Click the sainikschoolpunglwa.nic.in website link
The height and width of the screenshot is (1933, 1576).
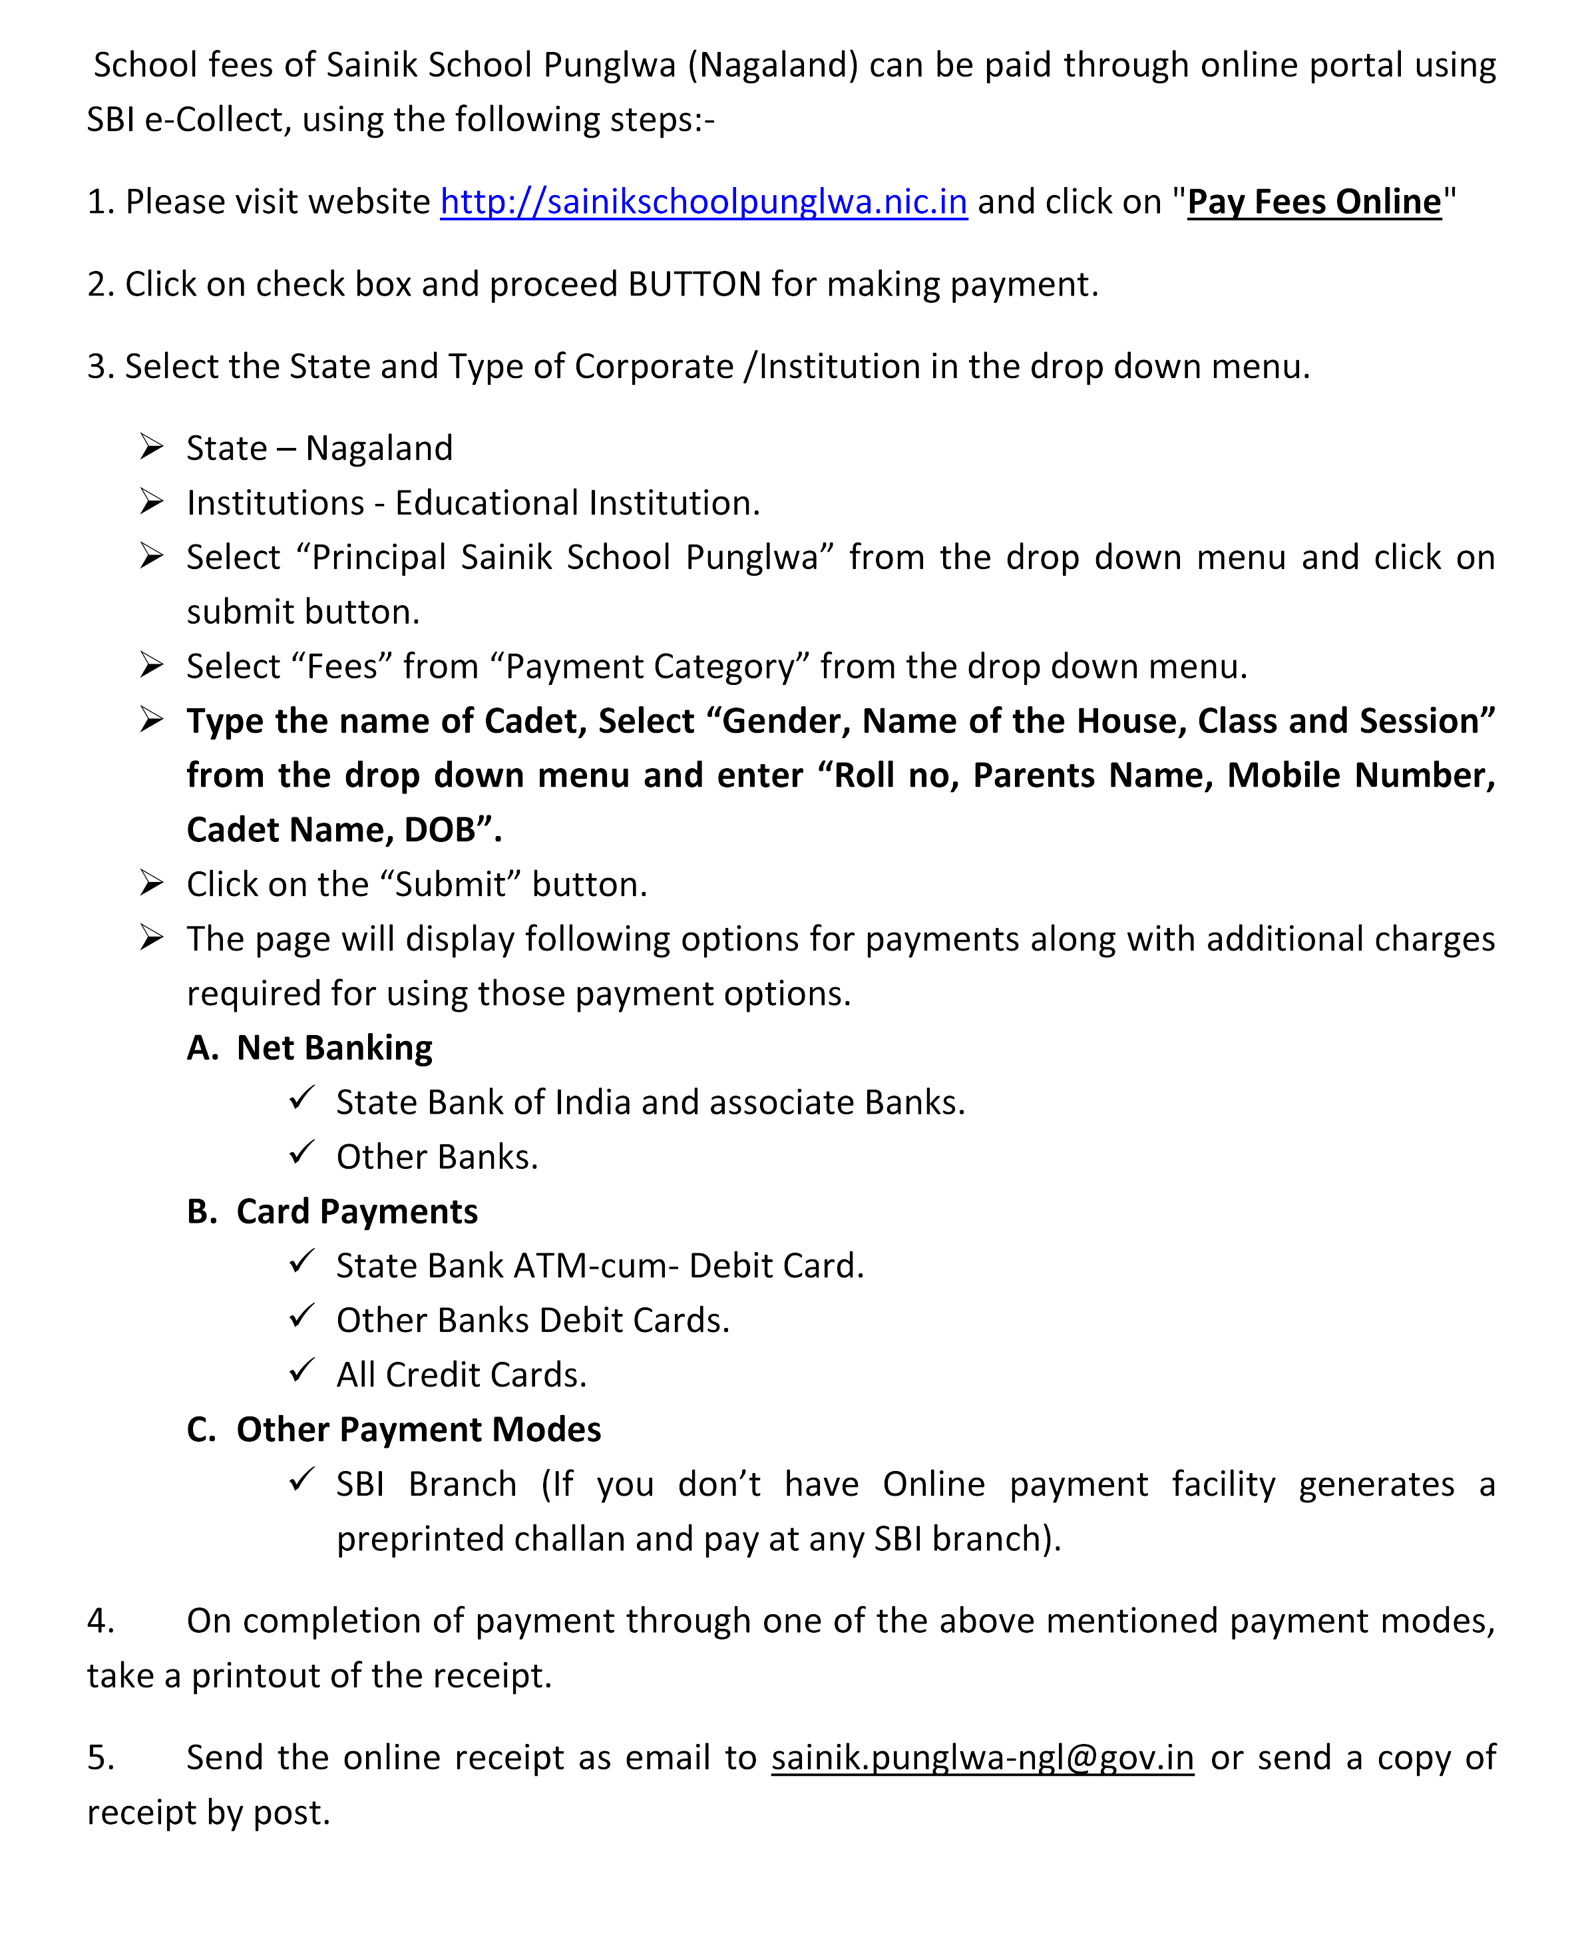click(x=703, y=202)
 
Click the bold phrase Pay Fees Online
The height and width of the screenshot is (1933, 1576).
click(x=1314, y=202)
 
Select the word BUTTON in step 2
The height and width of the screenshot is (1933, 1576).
click(x=695, y=285)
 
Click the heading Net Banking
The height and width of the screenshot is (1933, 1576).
click(x=334, y=1048)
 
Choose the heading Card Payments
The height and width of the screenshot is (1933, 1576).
click(x=357, y=1212)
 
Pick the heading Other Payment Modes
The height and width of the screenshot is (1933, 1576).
click(x=419, y=1430)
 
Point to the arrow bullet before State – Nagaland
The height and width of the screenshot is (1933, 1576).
click(x=152, y=447)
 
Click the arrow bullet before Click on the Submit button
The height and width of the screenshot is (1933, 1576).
click(x=152, y=883)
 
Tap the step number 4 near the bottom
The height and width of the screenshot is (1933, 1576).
click(x=100, y=1621)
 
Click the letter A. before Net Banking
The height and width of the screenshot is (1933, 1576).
click(x=202, y=1048)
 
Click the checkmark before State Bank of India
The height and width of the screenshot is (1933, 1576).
click(x=301, y=1098)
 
